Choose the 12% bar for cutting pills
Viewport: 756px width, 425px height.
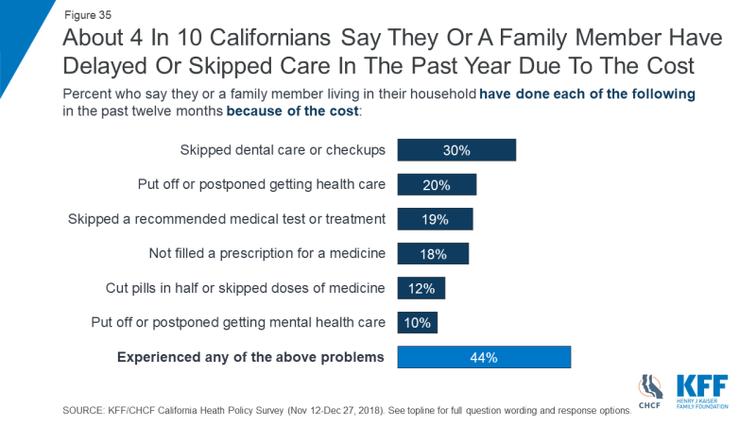[x=421, y=288]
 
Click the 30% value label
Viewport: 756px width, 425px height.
[x=456, y=150]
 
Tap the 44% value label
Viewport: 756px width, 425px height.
[x=484, y=357]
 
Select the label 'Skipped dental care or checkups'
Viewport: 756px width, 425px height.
[x=283, y=150]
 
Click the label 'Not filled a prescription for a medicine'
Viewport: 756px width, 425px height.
[x=267, y=253]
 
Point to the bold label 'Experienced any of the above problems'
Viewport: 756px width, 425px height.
[x=250, y=357]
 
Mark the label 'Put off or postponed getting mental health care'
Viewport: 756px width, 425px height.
[x=238, y=322]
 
